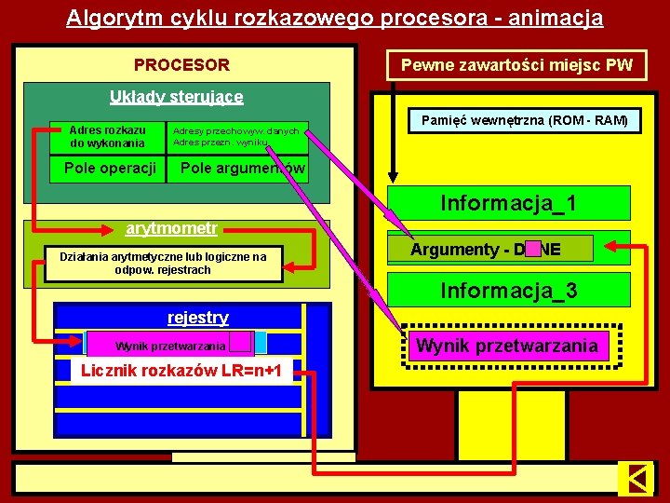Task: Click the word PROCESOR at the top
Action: (x=181, y=65)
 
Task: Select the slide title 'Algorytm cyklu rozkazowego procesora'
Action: (x=334, y=18)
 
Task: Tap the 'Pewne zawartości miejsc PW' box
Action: (x=516, y=65)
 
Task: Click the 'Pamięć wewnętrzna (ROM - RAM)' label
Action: (x=524, y=121)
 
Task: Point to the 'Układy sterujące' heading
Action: (x=176, y=96)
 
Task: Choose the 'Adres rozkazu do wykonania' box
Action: (x=107, y=137)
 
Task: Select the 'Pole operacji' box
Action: (x=109, y=169)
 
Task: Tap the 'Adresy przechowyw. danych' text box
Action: (x=237, y=137)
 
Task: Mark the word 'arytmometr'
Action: (x=172, y=228)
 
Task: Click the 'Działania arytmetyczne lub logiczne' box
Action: (x=163, y=263)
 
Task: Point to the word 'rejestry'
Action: (x=197, y=318)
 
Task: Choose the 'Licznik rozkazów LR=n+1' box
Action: (x=181, y=371)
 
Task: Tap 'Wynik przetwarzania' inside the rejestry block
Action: (x=170, y=346)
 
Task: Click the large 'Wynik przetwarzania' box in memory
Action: (x=507, y=347)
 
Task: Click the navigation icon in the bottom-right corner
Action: (x=636, y=479)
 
